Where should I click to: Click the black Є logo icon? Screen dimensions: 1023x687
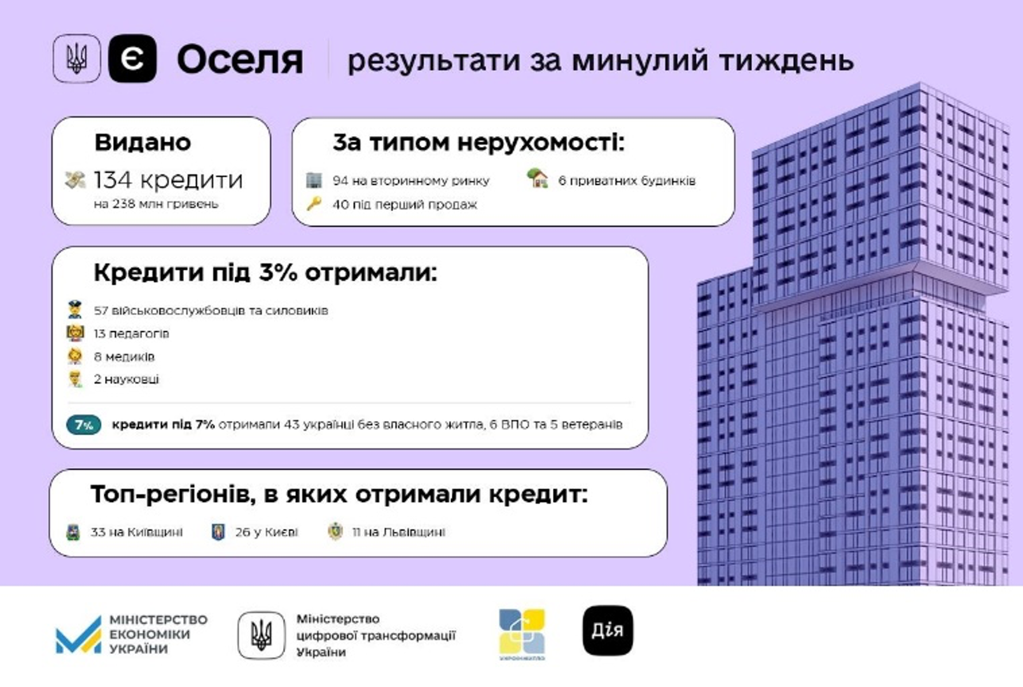pyautogui.click(x=132, y=59)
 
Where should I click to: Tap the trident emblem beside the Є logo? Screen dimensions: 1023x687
pyautogui.click(x=77, y=59)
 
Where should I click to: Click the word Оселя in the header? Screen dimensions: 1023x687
pyautogui.click(x=240, y=60)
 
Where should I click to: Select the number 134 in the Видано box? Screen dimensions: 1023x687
pyautogui.click(x=113, y=179)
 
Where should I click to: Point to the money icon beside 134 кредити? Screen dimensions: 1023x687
pyautogui.click(x=75, y=180)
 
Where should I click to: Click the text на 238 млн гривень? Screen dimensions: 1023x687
pyautogui.click(x=157, y=204)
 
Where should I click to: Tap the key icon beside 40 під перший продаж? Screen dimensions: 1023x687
pyautogui.click(x=314, y=204)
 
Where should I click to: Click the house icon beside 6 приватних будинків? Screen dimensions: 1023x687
pyautogui.click(x=538, y=178)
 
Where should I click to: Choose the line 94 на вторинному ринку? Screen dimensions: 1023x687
pyautogui.click(x=411, y=181)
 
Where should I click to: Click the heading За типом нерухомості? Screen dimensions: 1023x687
pyautogui.click(x=478, y=142)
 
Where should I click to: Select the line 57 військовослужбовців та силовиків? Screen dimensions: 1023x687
pyautogui.click(x=211, y=310)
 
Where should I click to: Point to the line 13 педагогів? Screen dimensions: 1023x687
pyautogui.click(x=132, y=334)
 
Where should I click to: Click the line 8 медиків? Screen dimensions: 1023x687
pyautogui.click(x=124, y=357)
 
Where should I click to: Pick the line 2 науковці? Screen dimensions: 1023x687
pyautogui.click(x=127, y=379)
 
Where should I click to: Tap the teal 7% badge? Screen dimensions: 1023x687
pyautogui.click(x=83, y=425)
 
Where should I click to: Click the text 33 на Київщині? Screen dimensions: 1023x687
pyautogui.click(x=137, y=532)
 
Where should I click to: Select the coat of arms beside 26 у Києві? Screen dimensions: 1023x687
pyautogui.click(x=219, y=532)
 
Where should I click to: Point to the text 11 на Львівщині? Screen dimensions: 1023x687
pyautogui.click(x=399, y=532)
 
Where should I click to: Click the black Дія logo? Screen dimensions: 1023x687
pyautogui.click(x=608, y=630)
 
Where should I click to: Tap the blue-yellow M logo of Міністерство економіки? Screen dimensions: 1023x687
pyautogui.click(x=78, y=635)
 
